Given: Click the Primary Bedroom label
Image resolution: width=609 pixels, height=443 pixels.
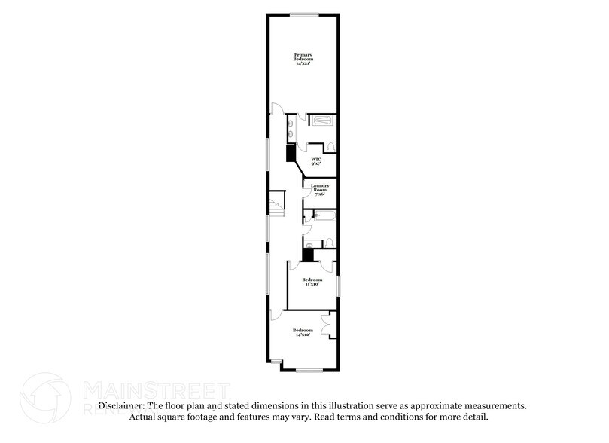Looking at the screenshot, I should (303, 59).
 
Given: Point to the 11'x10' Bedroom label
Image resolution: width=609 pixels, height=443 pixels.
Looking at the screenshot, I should (312, 282).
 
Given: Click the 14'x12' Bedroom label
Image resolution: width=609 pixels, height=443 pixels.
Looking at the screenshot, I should (303, 332).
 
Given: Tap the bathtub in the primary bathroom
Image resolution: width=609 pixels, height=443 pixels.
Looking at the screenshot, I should (324, 121).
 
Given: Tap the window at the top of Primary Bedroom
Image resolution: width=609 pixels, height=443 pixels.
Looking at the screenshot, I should (303, 13).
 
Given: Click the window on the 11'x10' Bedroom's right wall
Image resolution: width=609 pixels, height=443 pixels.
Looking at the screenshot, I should (338, 286).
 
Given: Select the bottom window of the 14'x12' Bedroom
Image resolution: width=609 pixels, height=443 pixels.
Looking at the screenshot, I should (309, 370).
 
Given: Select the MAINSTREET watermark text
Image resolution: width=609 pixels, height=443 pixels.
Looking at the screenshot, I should (155, 390).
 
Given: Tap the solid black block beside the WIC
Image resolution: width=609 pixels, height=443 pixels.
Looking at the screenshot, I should (291, 153).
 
